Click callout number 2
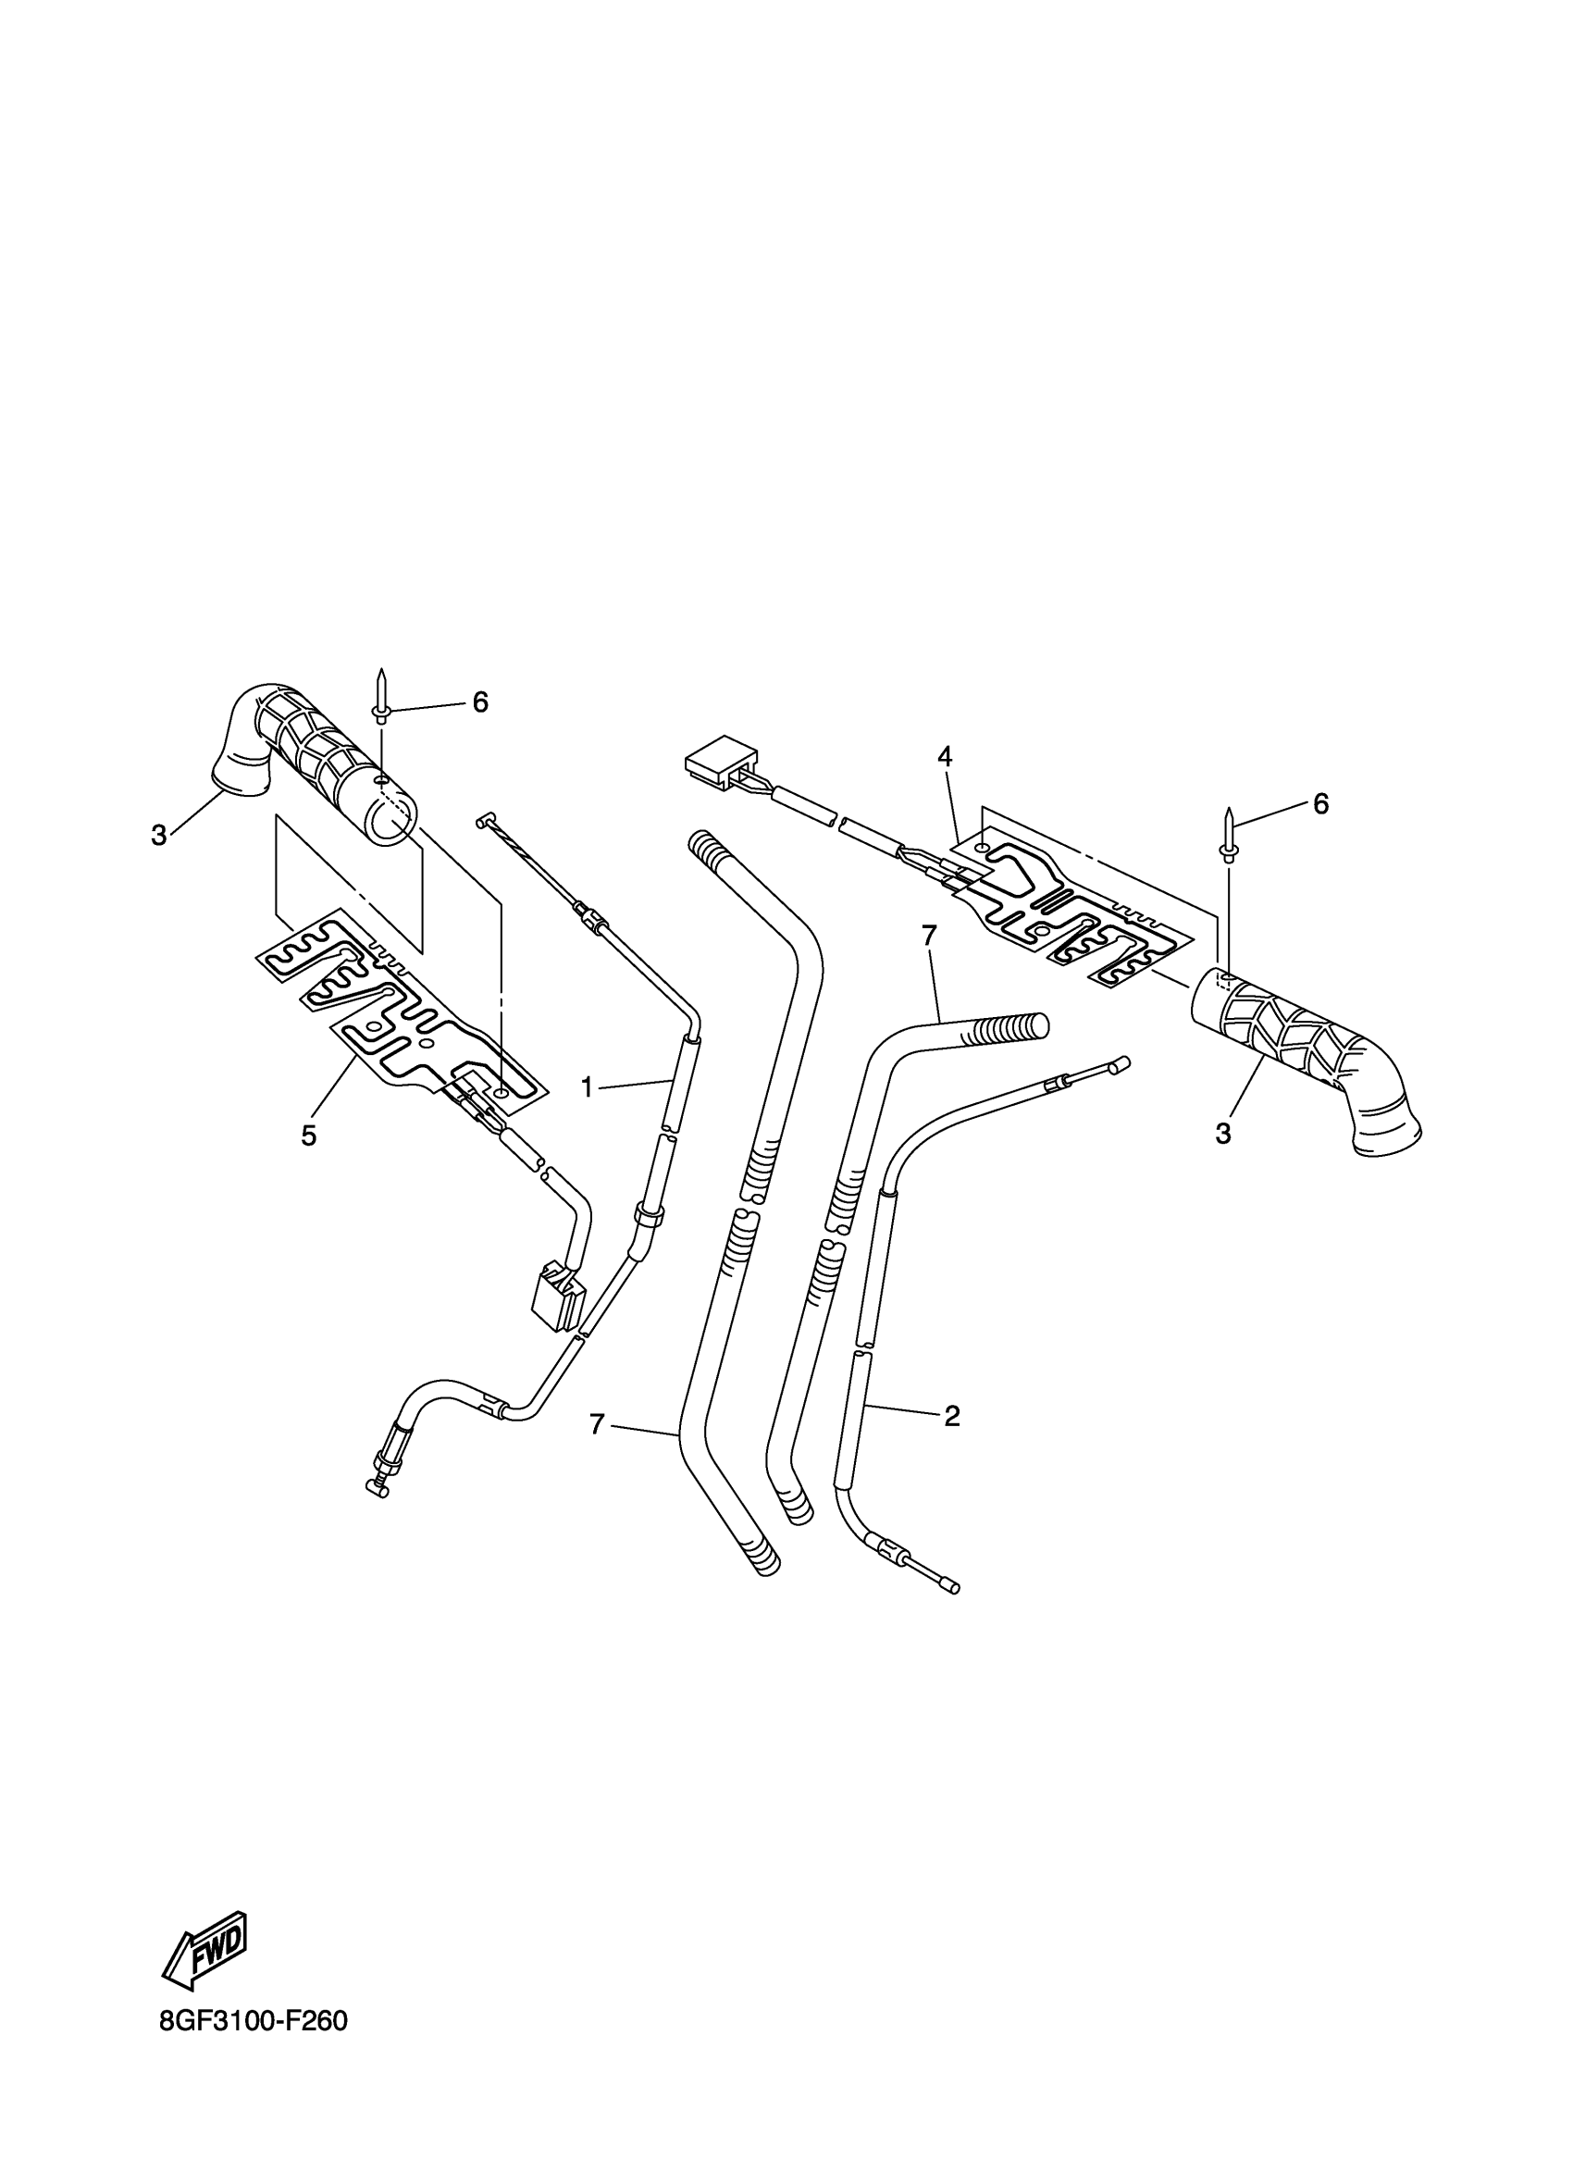[x=950, y=1417]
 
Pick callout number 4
[x=945, y=757]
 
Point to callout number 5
[x=308, y=1136]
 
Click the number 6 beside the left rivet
[x=479, y=703]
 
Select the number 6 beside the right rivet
[x=1320, y=804]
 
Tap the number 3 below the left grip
[x=159, y=835]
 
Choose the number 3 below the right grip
[x=1222, y=1134]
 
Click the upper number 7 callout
[x=929, y=936]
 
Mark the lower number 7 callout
[x=598, y=1452]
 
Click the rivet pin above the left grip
[x=381, y=695]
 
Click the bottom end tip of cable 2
[x=951, y=1587]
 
